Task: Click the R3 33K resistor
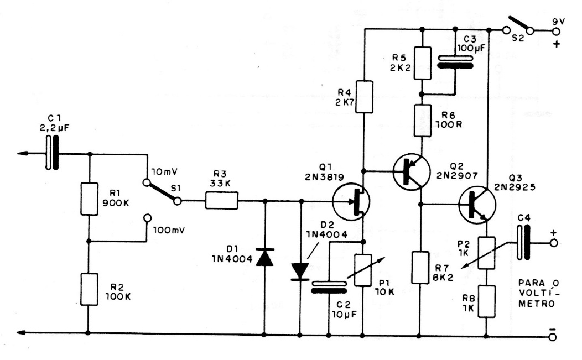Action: pyautogui.click(x=222, y=201)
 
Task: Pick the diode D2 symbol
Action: pyautogui.click(x=300, y=269)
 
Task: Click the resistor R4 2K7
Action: pyautogui.click(x=365, y=97)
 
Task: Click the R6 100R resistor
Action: pyautogui.click(x=423, y=122)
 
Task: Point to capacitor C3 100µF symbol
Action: pyautogui.click(x=453, y=62)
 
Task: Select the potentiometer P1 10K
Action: pyautogui.click(x=365, y=270)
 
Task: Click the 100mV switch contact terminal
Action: pyautogui.click(x=147, y=218)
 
